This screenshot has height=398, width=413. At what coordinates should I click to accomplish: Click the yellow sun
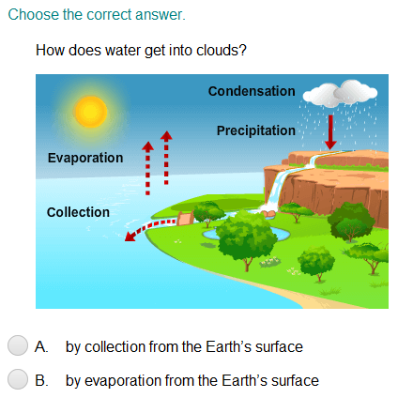click(x=91, y=112)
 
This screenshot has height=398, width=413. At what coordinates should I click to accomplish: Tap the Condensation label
click(x=252, y=91)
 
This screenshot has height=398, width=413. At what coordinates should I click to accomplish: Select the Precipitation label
click(x=256, y=130)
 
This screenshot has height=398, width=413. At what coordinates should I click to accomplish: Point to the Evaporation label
click(x=85, y=158)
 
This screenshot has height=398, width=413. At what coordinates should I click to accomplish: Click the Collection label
click(x=78, y=212)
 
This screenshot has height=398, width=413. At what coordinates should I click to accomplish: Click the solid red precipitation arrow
click(x=330, y=132)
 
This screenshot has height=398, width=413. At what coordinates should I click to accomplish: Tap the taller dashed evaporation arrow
click(x=166, y=158)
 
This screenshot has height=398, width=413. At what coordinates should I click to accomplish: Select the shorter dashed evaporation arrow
click(x=147, y=168)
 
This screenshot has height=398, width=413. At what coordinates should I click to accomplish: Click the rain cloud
click(x=340, y=93)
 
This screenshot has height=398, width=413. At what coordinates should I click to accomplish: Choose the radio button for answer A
click(x=18, y=345)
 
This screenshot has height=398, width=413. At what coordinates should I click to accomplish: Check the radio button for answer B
click(x=18, y=379)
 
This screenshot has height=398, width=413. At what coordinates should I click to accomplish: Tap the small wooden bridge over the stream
click(x=185, y=218)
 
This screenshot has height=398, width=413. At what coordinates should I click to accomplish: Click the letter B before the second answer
click(x=41, y=380)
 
